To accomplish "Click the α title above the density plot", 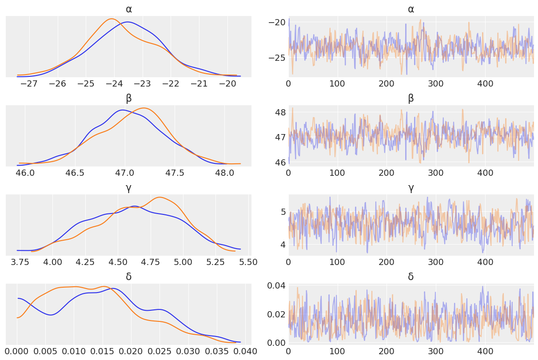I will pos(128,9).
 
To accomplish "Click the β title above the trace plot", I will pos(410,98).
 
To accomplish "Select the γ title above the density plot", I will pos(128,188).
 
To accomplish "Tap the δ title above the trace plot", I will pos(410,277).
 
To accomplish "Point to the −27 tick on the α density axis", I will pos(29,83).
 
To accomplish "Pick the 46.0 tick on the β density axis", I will pos(25,173).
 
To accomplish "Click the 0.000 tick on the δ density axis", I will pos(17,352).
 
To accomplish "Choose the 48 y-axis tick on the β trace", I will pos(280,112).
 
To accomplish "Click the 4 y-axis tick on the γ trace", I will pos(283,244).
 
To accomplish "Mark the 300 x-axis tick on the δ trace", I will pos(436,352).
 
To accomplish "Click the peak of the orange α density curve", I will pos(112,19).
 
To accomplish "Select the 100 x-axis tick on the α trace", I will pos(337,83).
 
